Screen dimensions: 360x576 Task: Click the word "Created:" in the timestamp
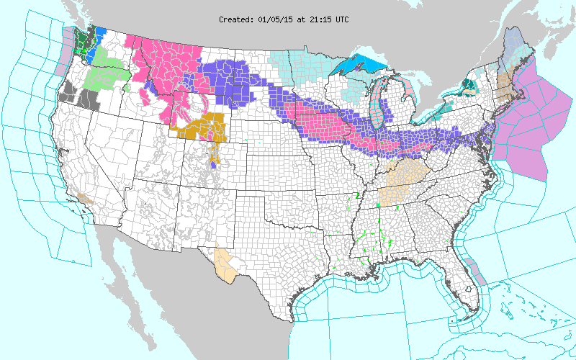(x=236, y=19)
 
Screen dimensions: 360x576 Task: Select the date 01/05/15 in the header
(x=274, y=19)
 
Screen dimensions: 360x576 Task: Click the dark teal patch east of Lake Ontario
(x=469, y=86)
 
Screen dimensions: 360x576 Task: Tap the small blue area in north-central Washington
(x=100, y=34)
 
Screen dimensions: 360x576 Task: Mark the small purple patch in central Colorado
(x=214, y=164)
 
